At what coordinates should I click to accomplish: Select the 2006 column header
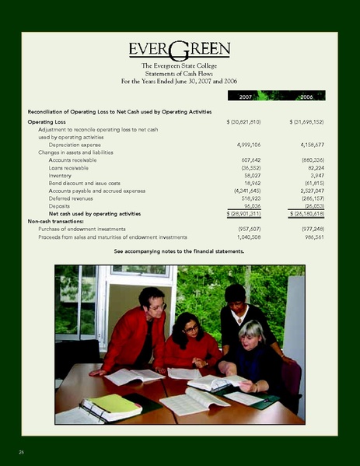pyautogui.click(x=306, y=96)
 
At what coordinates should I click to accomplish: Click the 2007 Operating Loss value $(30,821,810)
pyautogui.click(x=243, y=122)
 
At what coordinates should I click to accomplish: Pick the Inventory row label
pyautogui.click(x=61, y=176)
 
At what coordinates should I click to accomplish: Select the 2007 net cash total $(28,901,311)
pyautogui.click(x=243, y=213)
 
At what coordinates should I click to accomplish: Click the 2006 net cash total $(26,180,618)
pyautogui.click(x=306, y=213)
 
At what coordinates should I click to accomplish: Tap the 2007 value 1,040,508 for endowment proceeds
pyautogui.click(x=246, y=236)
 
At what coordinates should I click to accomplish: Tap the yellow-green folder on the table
pyautogui.click(x=115, y=403)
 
